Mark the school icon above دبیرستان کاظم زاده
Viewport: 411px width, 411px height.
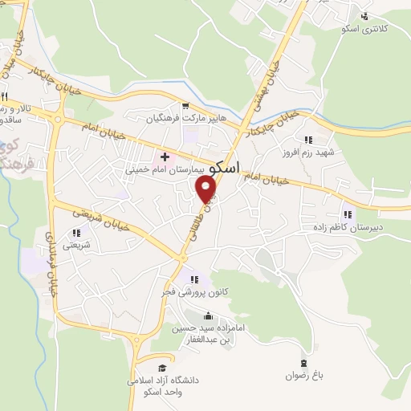tap(348, 214)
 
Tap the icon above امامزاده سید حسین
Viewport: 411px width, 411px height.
tap(209, 315)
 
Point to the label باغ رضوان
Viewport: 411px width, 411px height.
tap(303, 375)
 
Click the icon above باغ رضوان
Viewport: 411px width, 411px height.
tap(303, 363)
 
